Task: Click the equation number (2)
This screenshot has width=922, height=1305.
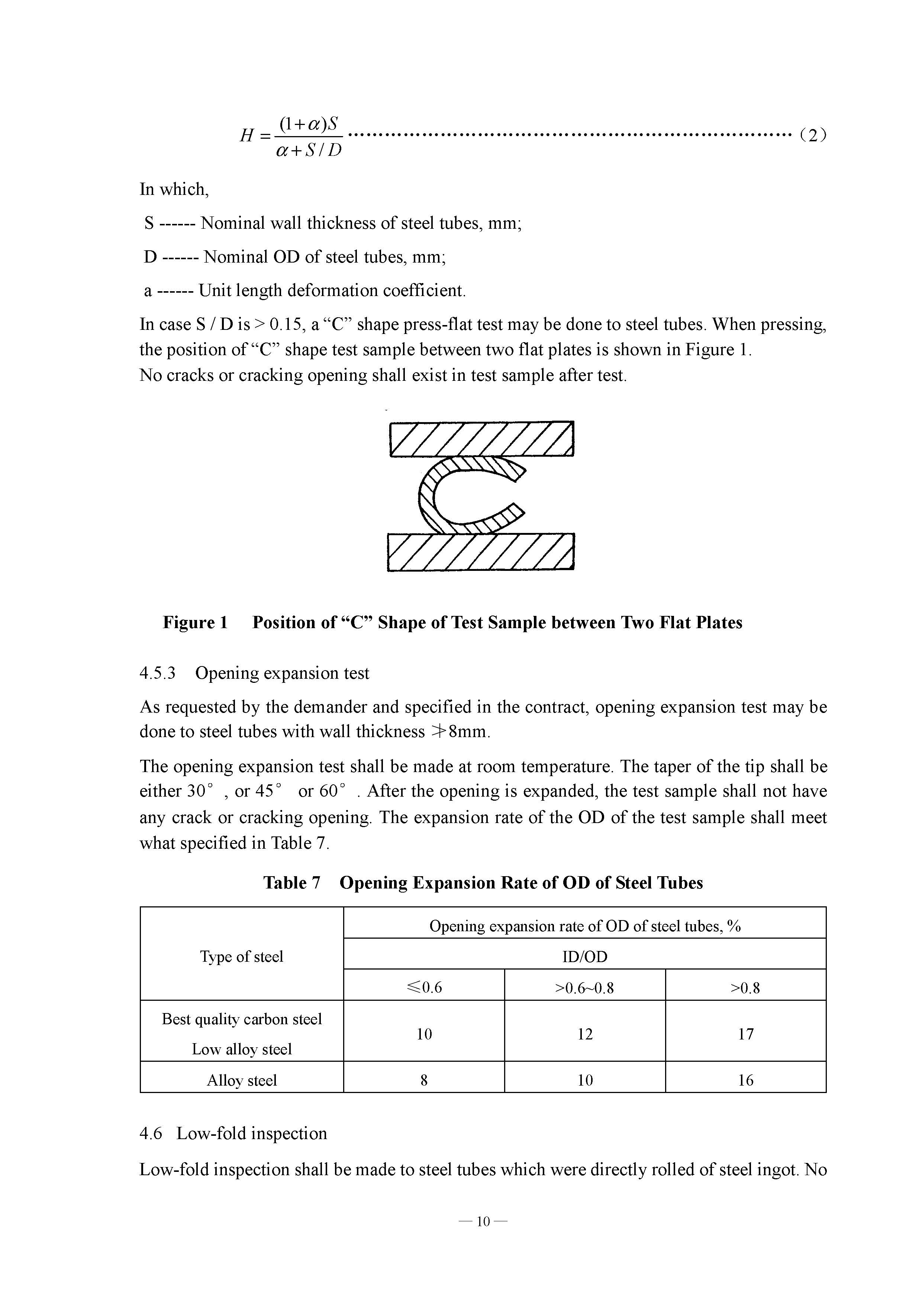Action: [x=812, y=135]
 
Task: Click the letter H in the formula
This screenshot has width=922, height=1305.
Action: [x=246, y=136]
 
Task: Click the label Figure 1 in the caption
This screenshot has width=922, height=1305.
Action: [x=195, y=623]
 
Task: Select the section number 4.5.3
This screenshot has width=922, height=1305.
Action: [x=157, y=674]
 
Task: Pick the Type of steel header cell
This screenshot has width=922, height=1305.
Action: [x=241, y=957]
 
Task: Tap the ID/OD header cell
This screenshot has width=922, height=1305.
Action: [x=584, y=957]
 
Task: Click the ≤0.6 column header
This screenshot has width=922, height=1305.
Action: [x=424, y=988]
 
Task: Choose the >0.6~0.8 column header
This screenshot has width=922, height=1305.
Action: [x=584, y=988]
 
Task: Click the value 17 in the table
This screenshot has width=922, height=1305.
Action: [x=745, y=1035]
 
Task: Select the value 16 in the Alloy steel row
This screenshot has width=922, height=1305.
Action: [x=745, y=1080]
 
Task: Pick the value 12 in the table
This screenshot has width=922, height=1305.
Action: [x=584, y=1035]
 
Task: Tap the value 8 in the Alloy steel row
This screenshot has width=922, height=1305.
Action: [x=424, y=1080]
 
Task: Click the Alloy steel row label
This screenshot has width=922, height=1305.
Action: [x=241, y=1080]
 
